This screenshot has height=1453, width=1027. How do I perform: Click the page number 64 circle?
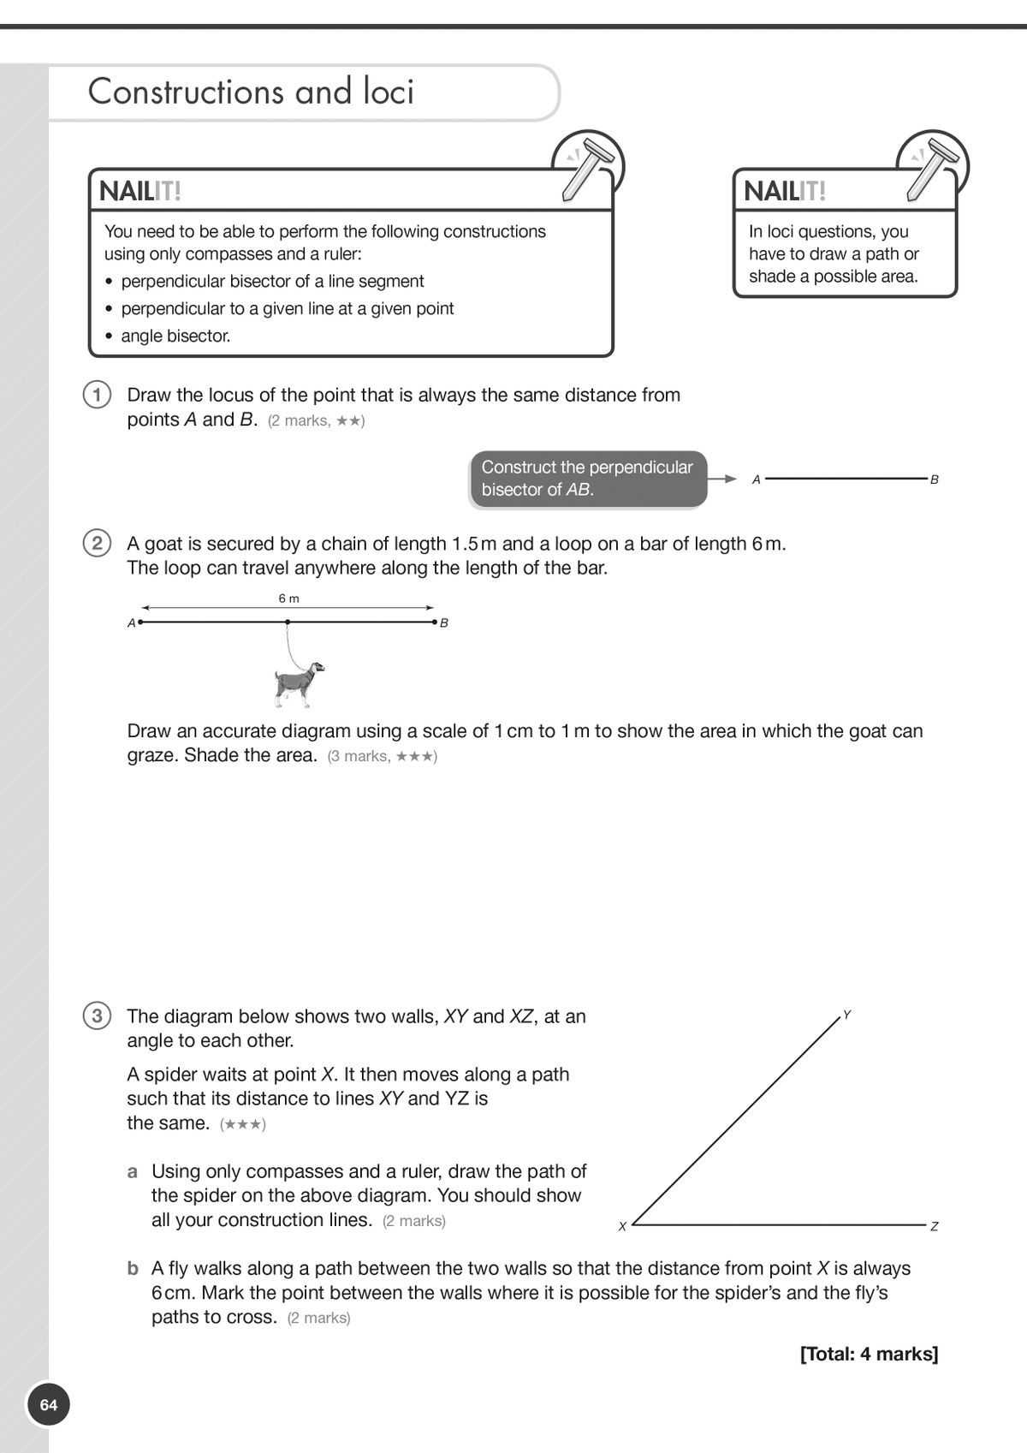point(48,1405)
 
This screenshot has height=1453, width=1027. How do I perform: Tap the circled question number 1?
point(97,395)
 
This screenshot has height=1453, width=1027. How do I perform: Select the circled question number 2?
point(97,543)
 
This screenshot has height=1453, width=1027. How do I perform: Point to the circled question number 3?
point(97,1016)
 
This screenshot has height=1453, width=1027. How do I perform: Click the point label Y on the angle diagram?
point(846,1015)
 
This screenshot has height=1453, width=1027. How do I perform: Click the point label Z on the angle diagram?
point(935,1226)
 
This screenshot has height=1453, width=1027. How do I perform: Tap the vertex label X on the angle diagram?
point(622,1226)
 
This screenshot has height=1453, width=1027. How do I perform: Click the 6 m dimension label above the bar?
point(288,598)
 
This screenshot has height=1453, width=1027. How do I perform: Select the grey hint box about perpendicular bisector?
point(588,479)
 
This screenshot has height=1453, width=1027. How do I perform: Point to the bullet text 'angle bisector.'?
point(175,336)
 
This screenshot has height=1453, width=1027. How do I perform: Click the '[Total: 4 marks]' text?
point(869,1354)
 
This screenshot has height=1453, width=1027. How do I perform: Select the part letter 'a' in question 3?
point(133,1171)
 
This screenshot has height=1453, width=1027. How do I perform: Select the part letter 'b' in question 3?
point(133,1268)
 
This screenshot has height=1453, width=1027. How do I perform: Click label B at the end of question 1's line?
point(935,479)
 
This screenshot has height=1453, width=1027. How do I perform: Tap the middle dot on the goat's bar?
point(288,622)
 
